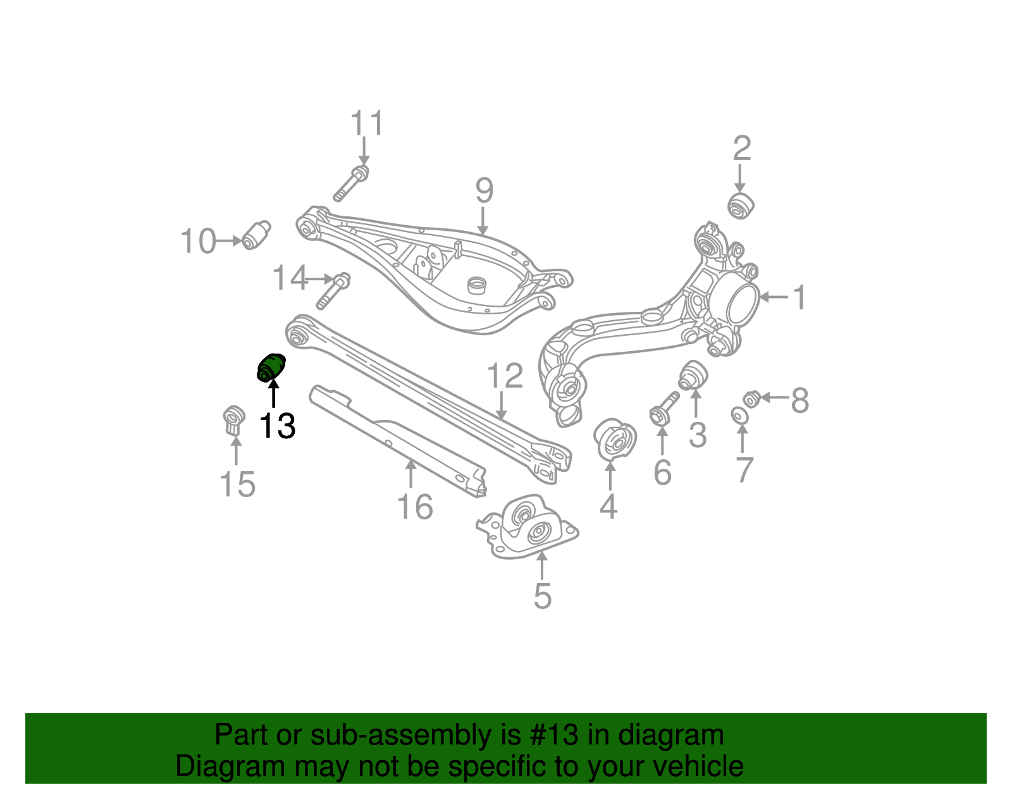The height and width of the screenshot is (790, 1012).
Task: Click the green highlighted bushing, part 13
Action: [271, 368]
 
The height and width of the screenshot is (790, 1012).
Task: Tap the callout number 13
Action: [277, 426]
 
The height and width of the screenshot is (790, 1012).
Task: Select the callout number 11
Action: [367, 123]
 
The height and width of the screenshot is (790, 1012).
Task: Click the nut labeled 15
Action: [234, 420]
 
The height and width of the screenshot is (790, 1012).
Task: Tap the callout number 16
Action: [415, 507]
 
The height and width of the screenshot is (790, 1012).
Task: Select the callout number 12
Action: [505, 376]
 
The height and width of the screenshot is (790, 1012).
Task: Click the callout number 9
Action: [484, 191]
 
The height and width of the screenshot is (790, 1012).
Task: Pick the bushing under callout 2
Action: [741, 206]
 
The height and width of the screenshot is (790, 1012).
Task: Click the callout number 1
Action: [799, 297]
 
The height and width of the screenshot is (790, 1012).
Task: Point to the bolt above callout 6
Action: [663, 409]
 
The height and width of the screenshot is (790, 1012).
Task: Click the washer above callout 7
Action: [739, 416]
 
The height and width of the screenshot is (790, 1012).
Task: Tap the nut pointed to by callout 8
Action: [751, 399]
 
